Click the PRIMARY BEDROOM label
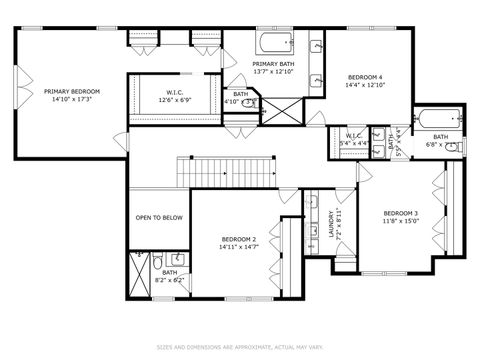(x=71, y=91)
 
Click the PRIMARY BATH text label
(x=273, y=64)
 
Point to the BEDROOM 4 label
(x=365, y=77)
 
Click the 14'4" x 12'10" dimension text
(x=365, y=85)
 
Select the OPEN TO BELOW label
(x=159, y=217)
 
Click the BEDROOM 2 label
(x=240, y=239)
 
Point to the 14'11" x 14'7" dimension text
(x=240, y=247)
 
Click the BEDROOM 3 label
(x=401, y=213)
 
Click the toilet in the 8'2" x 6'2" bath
(x=157, y=263)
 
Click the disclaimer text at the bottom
(x=240, y=347)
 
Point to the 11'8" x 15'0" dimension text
(x=401, y=221)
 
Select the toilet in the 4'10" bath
(x=250, y=102)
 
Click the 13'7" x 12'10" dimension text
(x=273, y=72)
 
